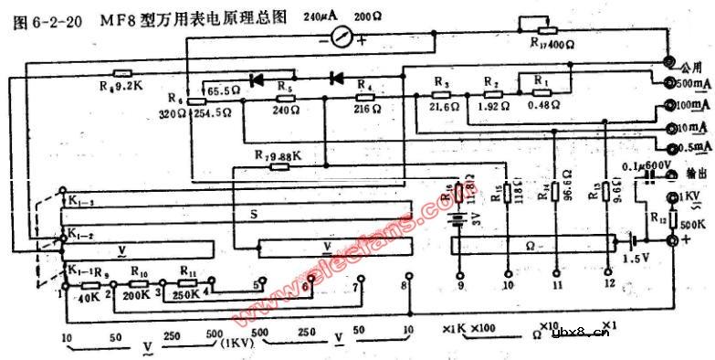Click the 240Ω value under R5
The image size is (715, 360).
click(x=285, y=109)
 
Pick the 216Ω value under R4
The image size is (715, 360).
click(x=365, y=109)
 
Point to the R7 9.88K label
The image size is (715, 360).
click(x=278, y=155)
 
